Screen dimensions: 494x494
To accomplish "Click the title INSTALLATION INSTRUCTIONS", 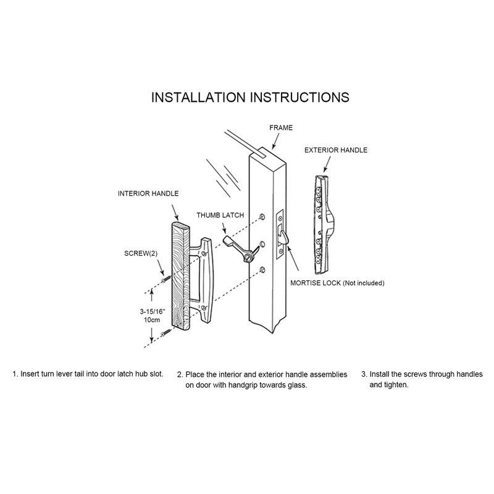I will pyautogui.click(x=250, y=98).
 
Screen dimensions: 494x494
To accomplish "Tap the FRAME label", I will pyautogui.click(x=281, y=128).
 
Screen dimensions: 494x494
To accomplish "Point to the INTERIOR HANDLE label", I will pyautogui.click(x=148, y=193).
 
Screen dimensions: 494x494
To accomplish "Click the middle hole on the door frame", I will pyautogui.click(x=262, y=243).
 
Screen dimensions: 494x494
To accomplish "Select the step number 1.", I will pyautogui.click(x=14, y=374).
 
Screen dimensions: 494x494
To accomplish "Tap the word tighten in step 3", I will pyautogui.click(x=398, y=385).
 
